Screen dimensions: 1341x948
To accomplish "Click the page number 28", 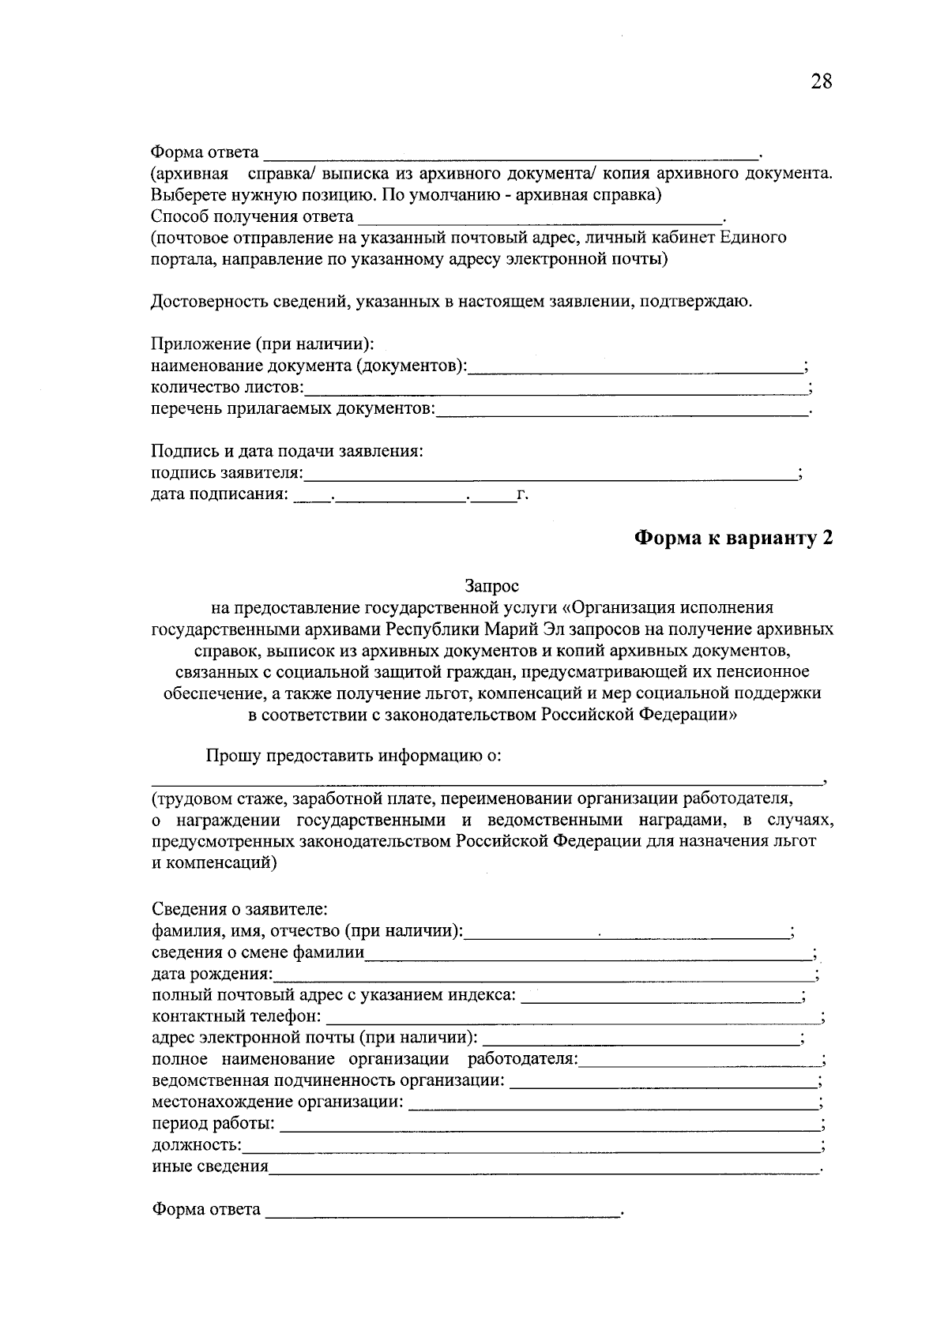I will coord(821,81).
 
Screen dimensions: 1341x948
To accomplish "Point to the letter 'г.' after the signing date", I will coord(521,495).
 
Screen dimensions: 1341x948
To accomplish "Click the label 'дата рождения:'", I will coord(212,974).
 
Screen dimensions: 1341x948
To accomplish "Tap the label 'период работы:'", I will coord(213,1124).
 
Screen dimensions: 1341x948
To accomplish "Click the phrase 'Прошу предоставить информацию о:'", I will coord(353,756).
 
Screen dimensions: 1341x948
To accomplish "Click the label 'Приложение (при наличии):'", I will coord(261,344).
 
